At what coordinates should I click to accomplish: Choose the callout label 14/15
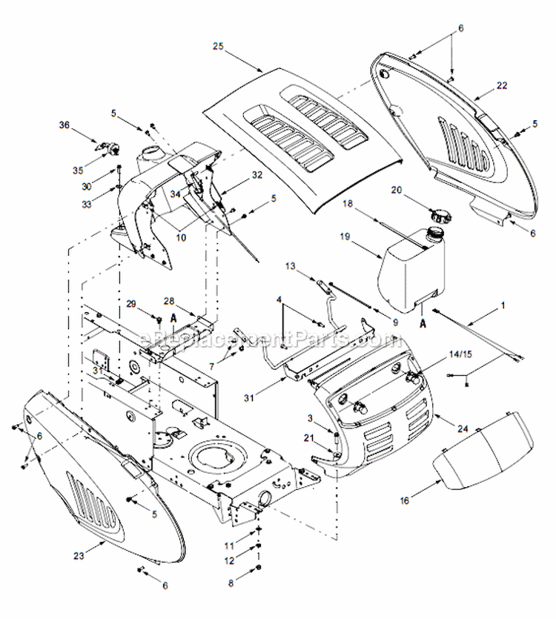(x=460, y=354)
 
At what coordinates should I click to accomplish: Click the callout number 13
(x=291, y=266)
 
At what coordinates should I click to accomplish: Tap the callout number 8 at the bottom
(x=231, y=583)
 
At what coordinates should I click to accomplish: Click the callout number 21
(x=307, y=439)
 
